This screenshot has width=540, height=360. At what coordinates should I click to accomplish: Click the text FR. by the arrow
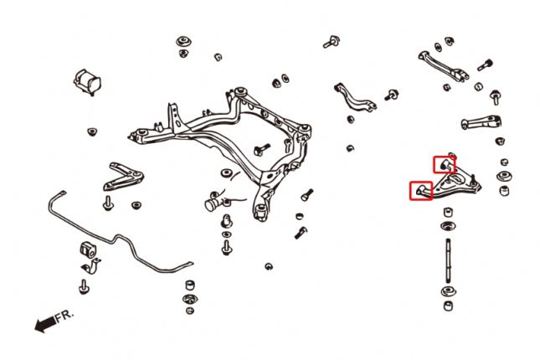pos(64,316)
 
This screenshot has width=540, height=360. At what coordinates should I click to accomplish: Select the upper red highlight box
pos(444,164)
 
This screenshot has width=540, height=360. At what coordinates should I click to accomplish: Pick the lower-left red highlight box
pos(420,191)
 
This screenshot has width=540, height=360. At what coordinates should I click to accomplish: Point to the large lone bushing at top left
pos(89,80)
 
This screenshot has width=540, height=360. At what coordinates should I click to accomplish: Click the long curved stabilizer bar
pos(126,239)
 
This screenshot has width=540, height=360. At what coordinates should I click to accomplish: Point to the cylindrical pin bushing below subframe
pos(219,202)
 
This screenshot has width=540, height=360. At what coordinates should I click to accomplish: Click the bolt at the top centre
pos(332,40)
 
